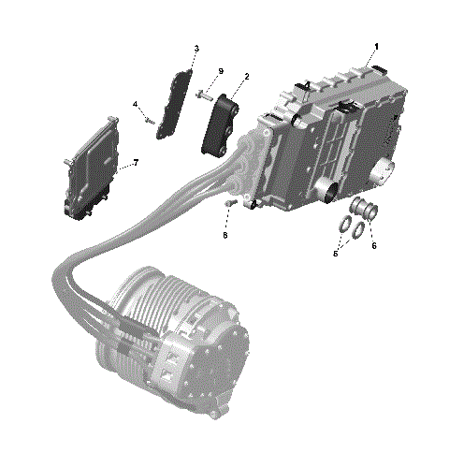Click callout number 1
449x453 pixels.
coord(376,46)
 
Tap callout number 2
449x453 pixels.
coord(246,77)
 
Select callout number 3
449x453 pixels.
coord(196,49)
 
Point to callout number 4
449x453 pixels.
coord(135,104)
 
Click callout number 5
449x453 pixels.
coord(335,252)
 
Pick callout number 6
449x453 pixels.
coord(374,246)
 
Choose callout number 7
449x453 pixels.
coord(136,163)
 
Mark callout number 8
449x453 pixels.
coord(224,237)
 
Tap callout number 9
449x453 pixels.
coord(221,71)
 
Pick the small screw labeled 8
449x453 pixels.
coord(227,203)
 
